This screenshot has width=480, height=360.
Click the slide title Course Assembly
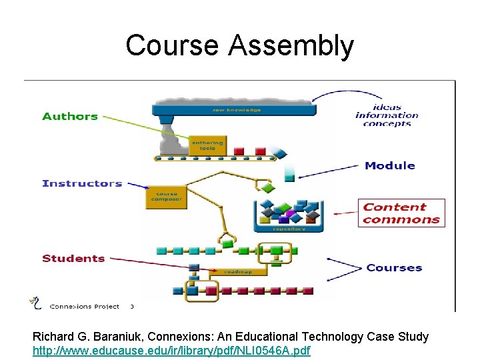point(239,45)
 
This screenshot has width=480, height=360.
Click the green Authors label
point(70,117)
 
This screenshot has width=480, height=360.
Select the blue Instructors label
point(82,183)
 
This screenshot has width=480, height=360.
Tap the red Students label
point(73,259)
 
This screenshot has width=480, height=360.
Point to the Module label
point(389,165)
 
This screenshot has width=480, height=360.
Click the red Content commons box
point(401,213)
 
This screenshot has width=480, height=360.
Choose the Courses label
point(394,268)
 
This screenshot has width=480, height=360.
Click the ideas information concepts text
point(387,115)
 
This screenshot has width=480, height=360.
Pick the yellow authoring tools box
point(207,145)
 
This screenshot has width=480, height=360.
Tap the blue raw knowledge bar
point(233,109)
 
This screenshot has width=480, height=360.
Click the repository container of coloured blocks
point(289,215)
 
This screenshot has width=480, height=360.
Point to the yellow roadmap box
point(237,271)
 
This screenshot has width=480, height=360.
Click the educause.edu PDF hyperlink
point(171,350)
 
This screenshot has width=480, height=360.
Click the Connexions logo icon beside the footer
point(35,303)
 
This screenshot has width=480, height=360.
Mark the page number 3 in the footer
point(132,307)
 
